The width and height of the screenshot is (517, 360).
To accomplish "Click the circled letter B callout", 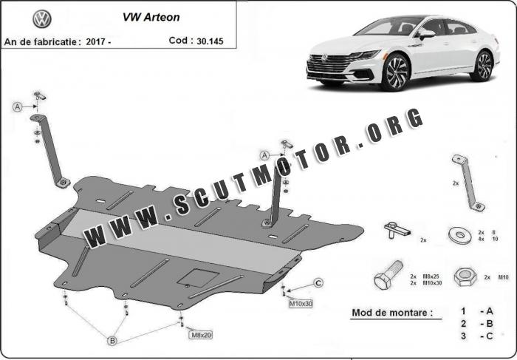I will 112,341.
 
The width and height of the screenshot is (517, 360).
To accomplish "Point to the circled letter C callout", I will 318,282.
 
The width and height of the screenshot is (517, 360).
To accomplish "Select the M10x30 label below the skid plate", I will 301,303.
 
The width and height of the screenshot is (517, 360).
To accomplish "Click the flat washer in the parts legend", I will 459,235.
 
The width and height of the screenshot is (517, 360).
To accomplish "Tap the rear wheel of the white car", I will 483,65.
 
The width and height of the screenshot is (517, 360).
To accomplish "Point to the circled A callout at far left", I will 17,107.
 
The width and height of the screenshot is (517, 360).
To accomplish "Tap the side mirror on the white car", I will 426,34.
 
